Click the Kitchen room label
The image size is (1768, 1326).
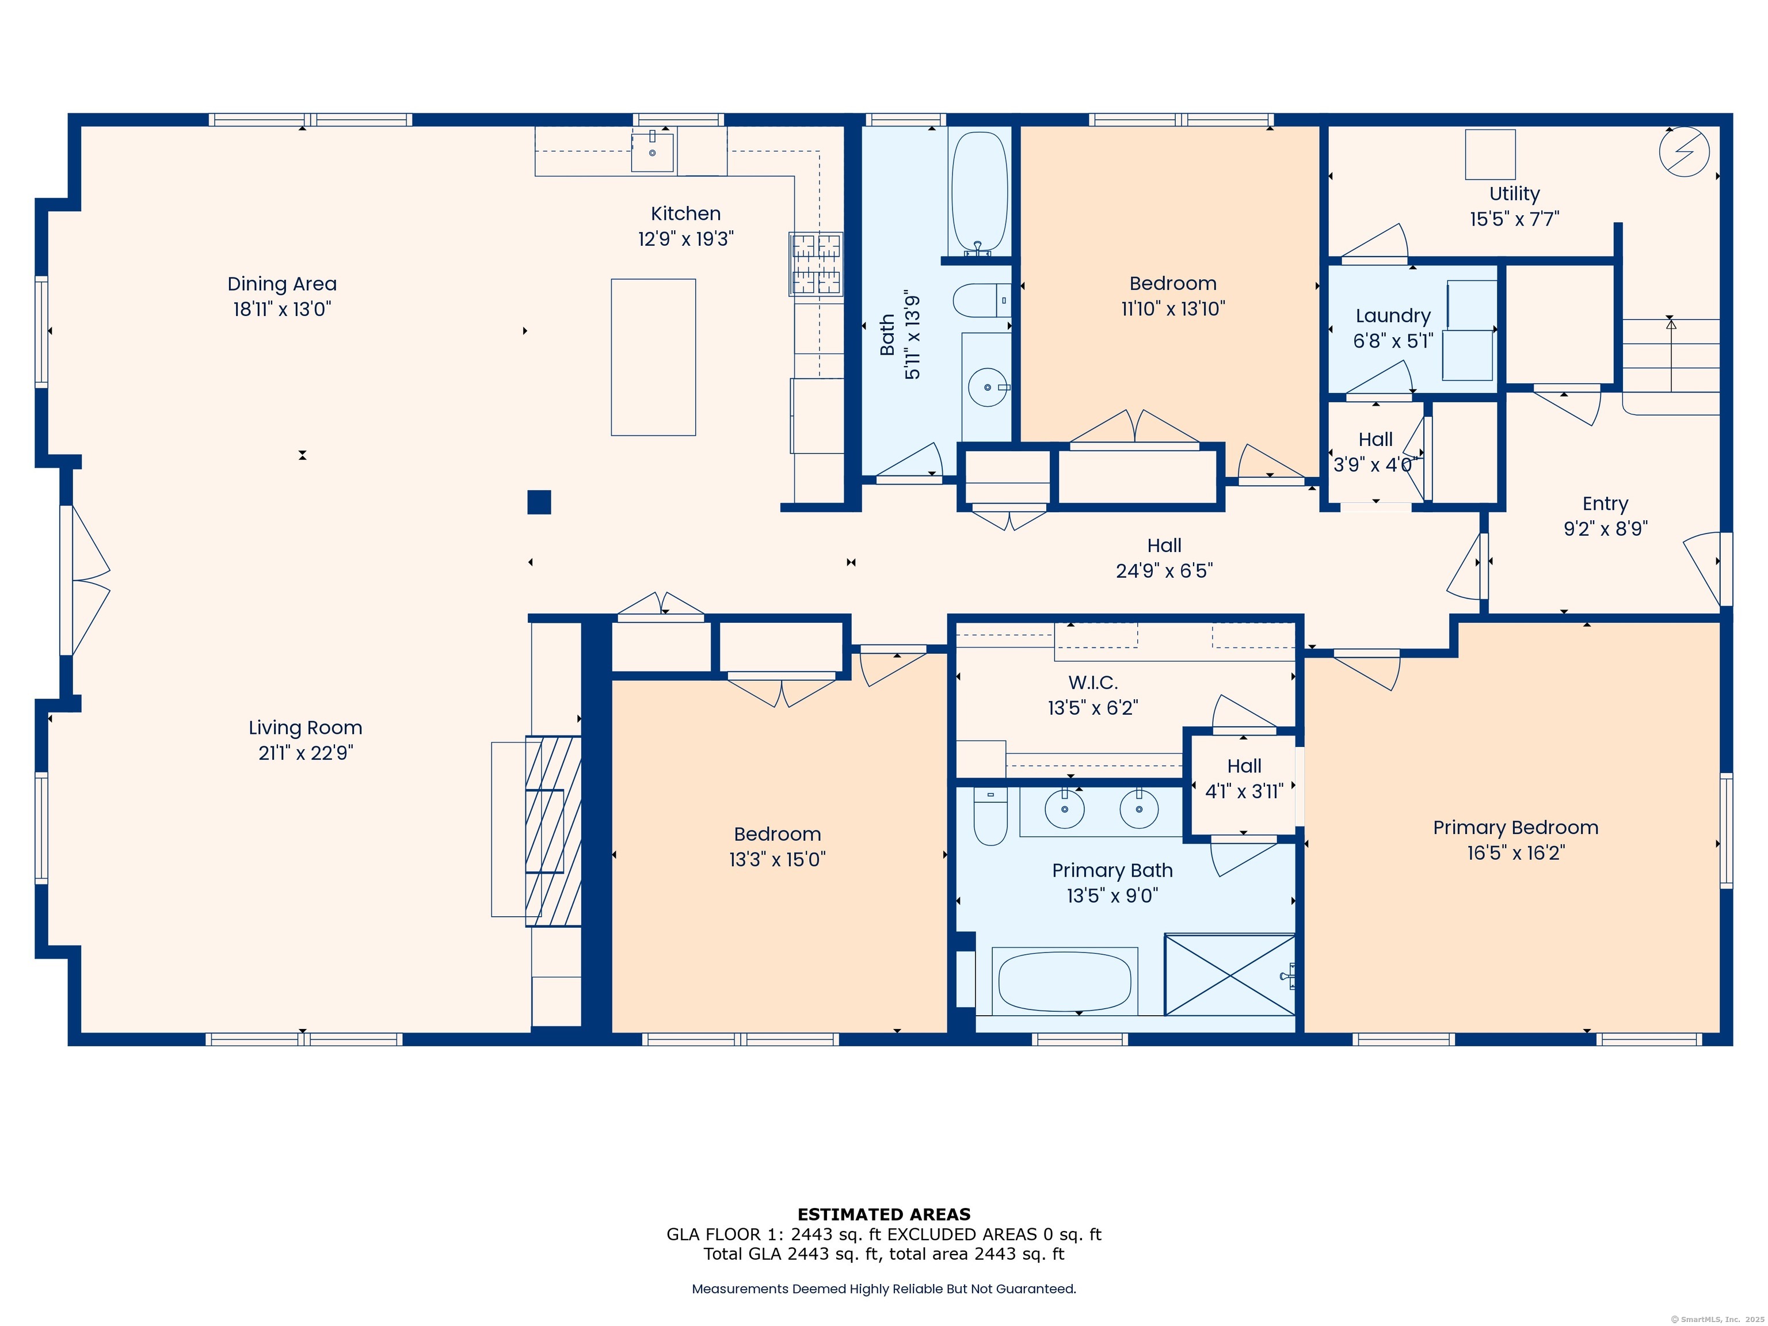(685, 214)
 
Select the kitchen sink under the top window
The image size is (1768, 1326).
(652, 152)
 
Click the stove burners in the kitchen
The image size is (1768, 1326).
(816, 264)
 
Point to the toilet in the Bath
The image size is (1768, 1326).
(981, 300)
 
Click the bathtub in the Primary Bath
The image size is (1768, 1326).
(1064, 981)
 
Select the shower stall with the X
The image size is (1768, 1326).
(1229, 974)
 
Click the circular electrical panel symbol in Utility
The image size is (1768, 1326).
(1684, 152)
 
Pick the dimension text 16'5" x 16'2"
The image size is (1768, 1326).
(1515, 853)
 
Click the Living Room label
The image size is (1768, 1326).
(306, 727)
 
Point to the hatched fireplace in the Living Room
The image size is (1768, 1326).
(553, 830)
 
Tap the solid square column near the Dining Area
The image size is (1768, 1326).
(539, 502)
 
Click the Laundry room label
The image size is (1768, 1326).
(1392, 316)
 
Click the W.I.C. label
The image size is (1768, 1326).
(1092, 683)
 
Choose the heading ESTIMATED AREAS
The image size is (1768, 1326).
(883, 1214)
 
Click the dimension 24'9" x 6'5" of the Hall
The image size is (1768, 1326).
(1164, 571)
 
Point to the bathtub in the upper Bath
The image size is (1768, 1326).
(979, 192)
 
